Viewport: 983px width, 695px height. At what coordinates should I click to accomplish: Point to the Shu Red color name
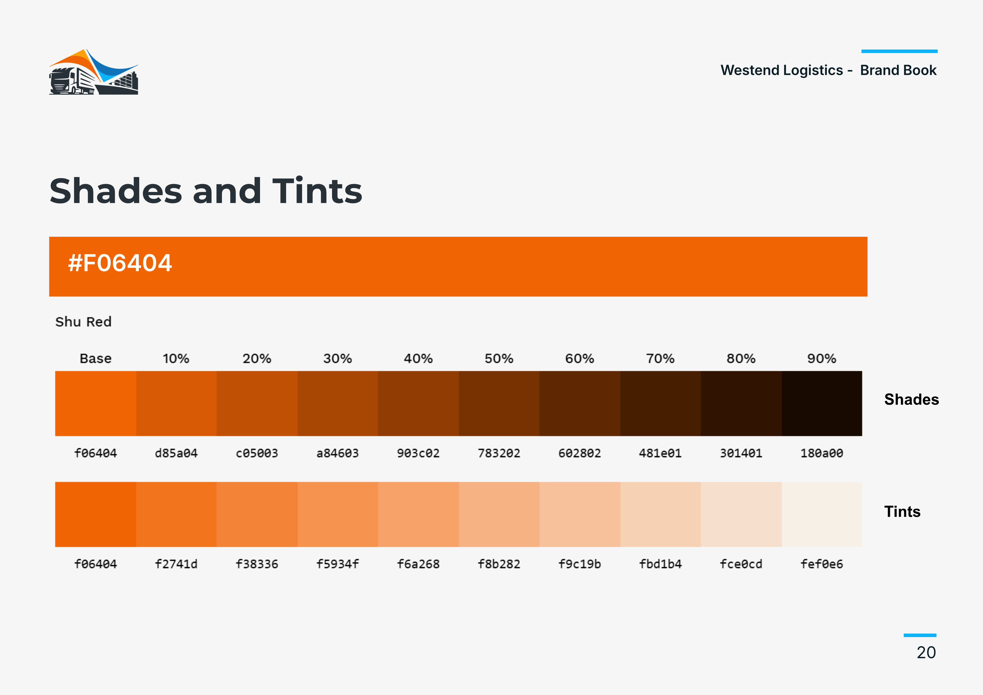pyautogui.click(x=84, y=322)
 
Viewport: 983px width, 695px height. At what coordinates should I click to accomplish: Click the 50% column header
pyautogui.click(x=499, y=359)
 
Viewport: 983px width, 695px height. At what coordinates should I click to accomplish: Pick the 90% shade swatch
pyautogui.click(x=822, y=404)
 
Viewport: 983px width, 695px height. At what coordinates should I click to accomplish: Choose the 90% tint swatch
pyautogui.click(x=822, y=514)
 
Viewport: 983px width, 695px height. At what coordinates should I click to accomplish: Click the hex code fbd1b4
pyautogui.click(x=660, y=564)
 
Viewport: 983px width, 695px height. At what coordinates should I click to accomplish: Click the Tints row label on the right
pyautogui.click(x=902, y=512)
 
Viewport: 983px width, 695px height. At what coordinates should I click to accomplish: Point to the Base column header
pyautogui.click(x=96, y=359)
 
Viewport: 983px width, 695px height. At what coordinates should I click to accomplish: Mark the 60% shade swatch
pyautogui.click(x=580, y=404)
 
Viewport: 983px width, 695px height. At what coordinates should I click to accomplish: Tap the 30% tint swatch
pyautogui.click(x=337, y=514)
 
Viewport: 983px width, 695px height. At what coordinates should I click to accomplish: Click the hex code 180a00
pyautogui.click(x=822, y=453)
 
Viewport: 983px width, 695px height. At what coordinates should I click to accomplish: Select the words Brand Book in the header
pyautogui.click(x=898, y=70)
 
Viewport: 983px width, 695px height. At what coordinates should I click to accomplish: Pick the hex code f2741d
pyautogui.click(x=176, y=564)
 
